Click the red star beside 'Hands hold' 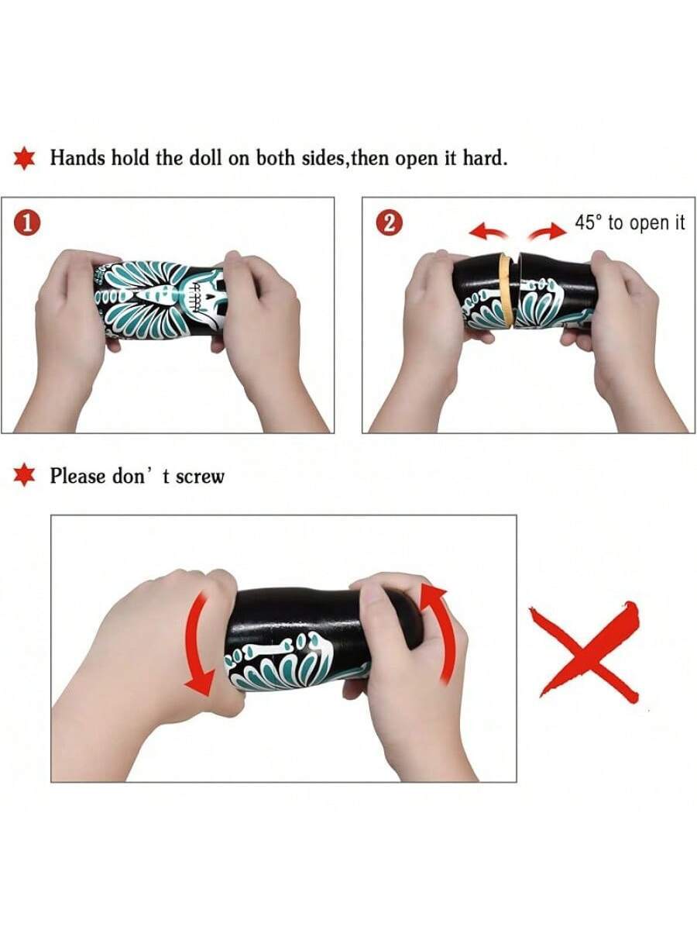click(24, 159)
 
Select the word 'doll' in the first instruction click(205, 158)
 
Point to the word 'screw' click(200, 477)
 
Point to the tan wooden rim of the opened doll click(506, 291)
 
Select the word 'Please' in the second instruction click(77, 475)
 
